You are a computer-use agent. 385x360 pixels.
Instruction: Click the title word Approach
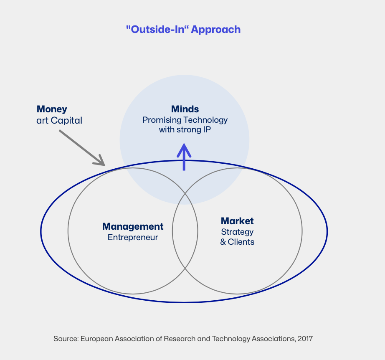point(215,30)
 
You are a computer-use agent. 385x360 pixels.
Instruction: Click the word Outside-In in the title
point(157,29)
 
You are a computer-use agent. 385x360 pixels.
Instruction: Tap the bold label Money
point(52,109)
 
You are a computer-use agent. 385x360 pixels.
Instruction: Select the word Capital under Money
point(66,121)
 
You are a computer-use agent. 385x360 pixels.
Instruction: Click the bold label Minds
point(185,109)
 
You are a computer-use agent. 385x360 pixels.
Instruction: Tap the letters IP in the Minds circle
point(207,129)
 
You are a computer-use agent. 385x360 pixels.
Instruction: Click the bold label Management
point(133,227)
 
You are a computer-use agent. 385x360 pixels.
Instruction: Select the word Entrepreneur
point(133,238)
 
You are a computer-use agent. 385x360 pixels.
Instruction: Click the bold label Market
point(237,221)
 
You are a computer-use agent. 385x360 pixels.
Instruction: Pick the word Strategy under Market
point(237,232)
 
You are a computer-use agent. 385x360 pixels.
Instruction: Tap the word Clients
point(241,242)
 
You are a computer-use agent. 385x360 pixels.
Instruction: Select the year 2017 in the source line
point(305,339)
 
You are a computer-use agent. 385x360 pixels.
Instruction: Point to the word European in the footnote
point(96,339)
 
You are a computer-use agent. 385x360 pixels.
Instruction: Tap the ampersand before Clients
point(223,242)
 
